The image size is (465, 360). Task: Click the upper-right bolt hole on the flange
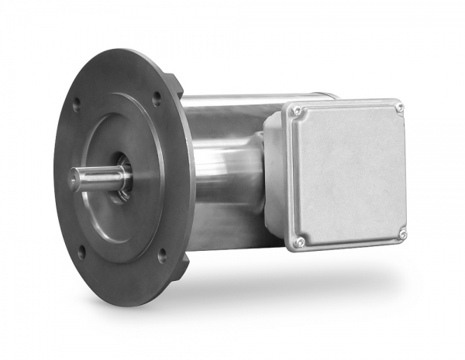pyautogui.click(x=157, y=98)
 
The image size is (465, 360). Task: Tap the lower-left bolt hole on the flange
pyautogui.click(x=81, y=251)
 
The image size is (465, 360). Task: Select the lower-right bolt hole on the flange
pyautogui.click(x=161, y=252)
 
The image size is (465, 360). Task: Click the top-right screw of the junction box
pyautogui.click(x=399, y=108)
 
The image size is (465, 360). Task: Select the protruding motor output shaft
pyautogui.click(x=97, y=177)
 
